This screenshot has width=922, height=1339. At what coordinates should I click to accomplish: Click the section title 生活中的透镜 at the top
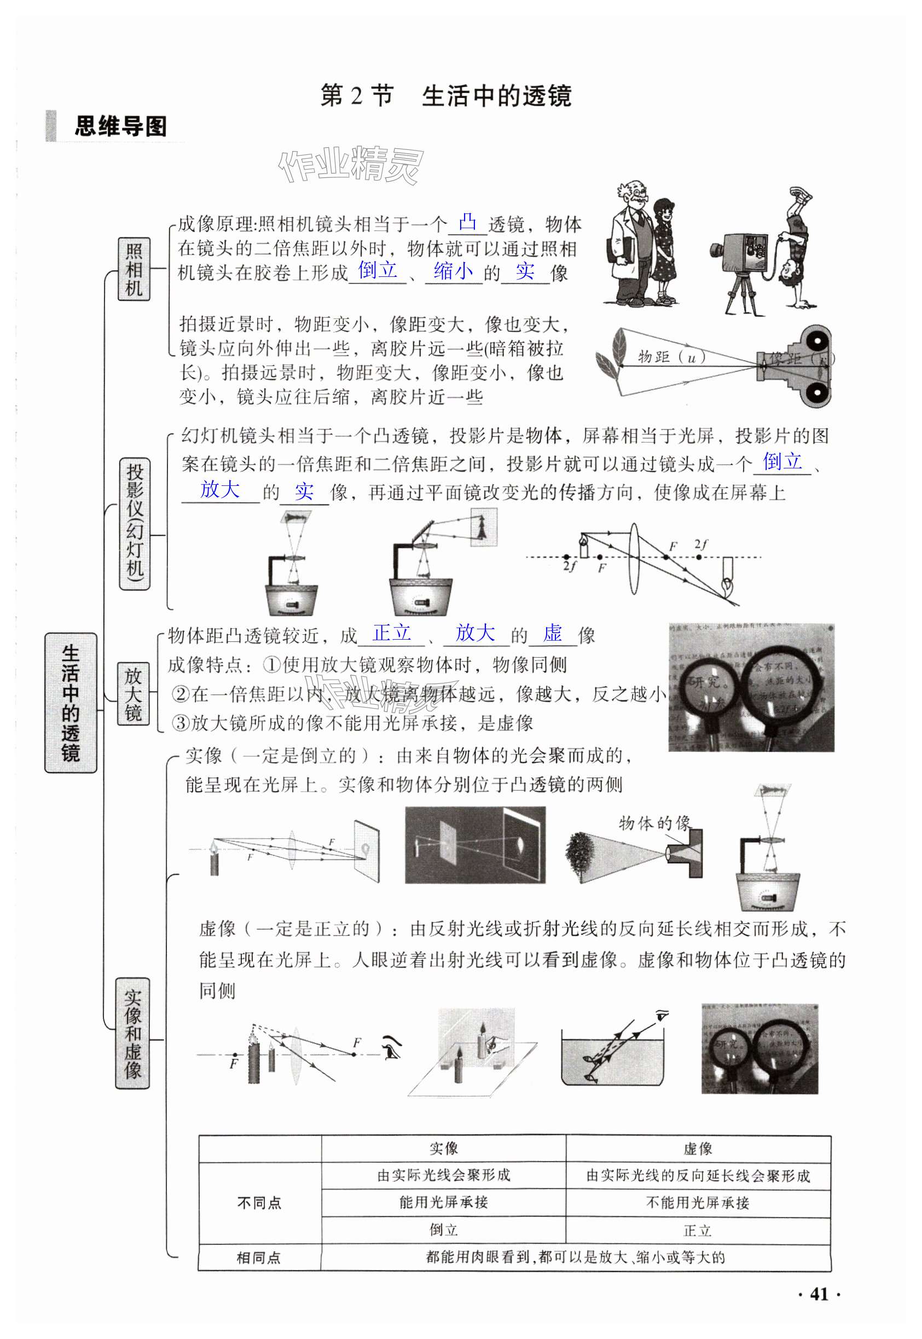[x=497, y=96]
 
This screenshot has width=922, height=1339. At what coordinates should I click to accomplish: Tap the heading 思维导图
[x=120, y=126]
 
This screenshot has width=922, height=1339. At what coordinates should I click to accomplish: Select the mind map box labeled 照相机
[x=134, y=269]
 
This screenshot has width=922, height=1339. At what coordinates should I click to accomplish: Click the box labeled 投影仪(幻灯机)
[x=134, y=523]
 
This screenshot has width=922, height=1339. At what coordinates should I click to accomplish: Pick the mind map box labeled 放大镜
[x=133, y=693]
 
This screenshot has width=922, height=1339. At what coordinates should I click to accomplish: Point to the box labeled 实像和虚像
[x=132, y=1034]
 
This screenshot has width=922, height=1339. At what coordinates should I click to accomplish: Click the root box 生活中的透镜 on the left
[x=71, y=703]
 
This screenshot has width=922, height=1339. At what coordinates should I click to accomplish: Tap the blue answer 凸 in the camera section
[x=467, y=222]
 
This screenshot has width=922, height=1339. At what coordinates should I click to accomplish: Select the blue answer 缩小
[x=453, y=270]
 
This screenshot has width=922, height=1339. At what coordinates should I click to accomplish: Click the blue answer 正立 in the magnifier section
[x=392, y=633]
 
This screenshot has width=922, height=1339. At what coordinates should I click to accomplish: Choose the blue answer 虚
[x=552, y=633]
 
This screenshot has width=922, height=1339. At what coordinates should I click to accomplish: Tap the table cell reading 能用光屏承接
[x=443, y=1202]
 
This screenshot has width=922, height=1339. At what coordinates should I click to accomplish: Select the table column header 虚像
[x=698, y=1149]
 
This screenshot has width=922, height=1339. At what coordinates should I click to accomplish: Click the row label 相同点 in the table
[x=259, y=1257]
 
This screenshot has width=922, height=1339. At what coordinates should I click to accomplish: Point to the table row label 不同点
[x=259, y=1203]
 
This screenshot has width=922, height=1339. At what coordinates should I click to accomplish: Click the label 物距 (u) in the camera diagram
[x=671, y=357]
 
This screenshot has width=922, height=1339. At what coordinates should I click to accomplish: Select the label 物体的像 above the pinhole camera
[x=654, y=822]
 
